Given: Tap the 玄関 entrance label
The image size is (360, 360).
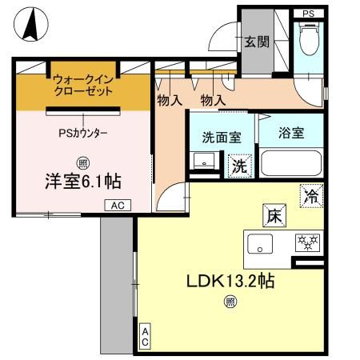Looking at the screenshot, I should click(256, 42).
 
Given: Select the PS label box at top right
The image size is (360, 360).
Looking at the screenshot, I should click(308, 14).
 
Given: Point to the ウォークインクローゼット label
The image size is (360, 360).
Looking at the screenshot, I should click(83, 86).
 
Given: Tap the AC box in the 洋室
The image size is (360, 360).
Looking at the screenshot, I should click(117, 206).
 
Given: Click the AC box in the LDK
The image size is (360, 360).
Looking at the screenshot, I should click(146, 337).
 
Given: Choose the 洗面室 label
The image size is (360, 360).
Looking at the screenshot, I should click(222, 137).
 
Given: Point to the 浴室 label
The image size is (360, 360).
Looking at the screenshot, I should click(291, 134).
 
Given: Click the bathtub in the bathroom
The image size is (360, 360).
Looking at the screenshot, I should click(292, 165).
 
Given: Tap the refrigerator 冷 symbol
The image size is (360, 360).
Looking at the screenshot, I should click(312, 195).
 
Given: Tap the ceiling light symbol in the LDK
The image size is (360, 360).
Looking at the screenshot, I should click(230, 301).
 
